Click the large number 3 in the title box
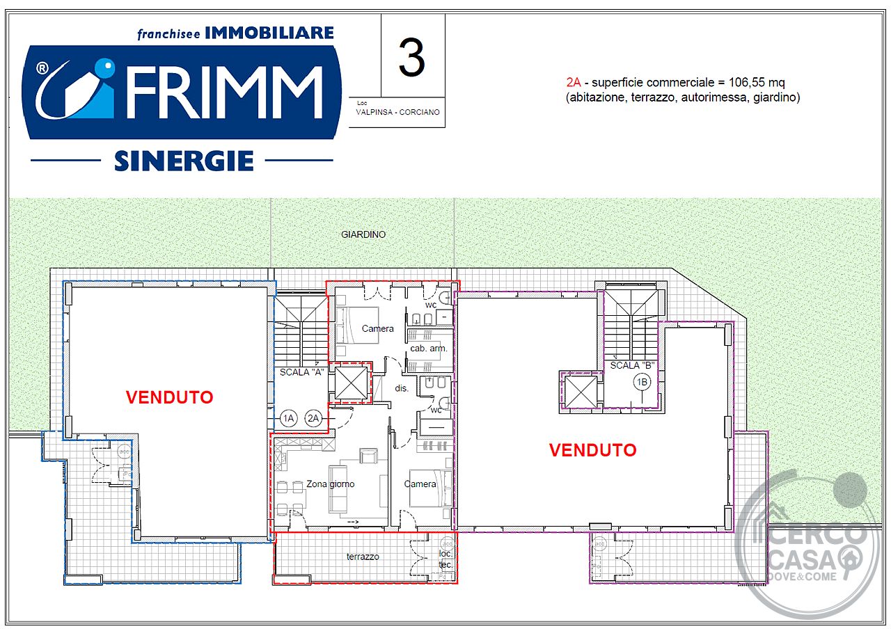pyautogui.click(x=411, y=58)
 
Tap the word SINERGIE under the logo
pyautogui.click(x=184, y=161)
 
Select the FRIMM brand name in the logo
pyautogui.click(x=225, y=93)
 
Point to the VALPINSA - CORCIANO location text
pyautogui.click(x=397, y=112)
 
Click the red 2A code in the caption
pyautogui.click(x=574, y=82)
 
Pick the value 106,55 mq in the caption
pyautogui.click(x=757, y=83)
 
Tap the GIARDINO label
pyautogui.click(x=363, y=234)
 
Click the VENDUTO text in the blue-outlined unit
pyautogui.click(x=169, y=397)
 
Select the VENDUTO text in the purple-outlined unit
pyautogui.click(x=592, y=450)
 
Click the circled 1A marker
pyautogui.click(x=288, y=418)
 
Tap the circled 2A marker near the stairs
pyautogui.click(x=313, y=418)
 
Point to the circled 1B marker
pyautogui.click(x=642, y=383)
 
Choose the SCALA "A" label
pyautogui.click(x=301, y=372)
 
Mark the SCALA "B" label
pyautogui.click(x=633, y=365)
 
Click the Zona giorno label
pyautogui.click(x=330, y=484)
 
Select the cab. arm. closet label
pyautogui.click(x=429, y=349)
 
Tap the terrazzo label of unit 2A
pyautogui.click(x=363, y=557)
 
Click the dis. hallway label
pyautogui.click(x=402, y=388)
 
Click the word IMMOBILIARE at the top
pyautogui.click(x=269, y=33)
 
